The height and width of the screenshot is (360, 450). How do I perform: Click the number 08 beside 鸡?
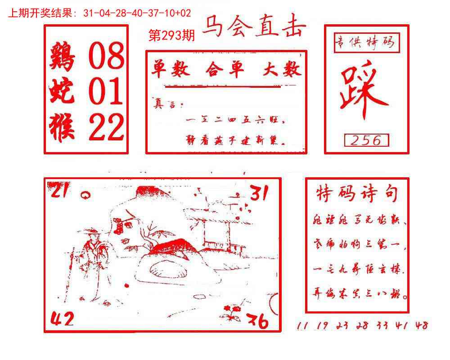point(105,57)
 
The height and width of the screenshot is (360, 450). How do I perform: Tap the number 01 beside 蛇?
point(105,91)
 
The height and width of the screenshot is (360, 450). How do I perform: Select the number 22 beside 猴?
point(105,126)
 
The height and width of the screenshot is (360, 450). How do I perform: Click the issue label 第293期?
point(171,36)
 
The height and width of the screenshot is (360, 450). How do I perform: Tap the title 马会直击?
point(254,27)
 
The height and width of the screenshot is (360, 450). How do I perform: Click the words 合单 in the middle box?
point(225,70)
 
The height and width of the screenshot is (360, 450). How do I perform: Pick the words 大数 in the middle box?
point(282,70)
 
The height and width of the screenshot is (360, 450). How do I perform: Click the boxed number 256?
point(366,140)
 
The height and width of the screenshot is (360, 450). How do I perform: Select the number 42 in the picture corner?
point(62,320)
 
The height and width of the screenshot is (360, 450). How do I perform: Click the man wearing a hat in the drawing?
point(93,256)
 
